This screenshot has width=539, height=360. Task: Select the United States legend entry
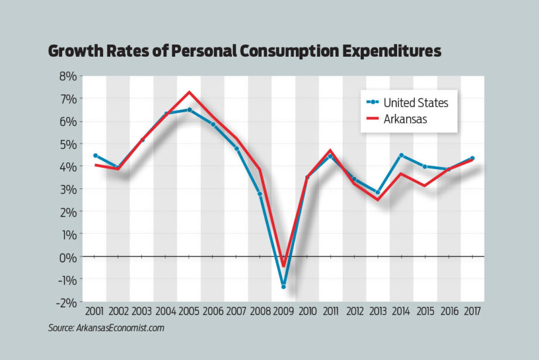coord(415,102)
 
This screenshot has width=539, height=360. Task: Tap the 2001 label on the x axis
coord(94,310)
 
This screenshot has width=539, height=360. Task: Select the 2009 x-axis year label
coord(284,310)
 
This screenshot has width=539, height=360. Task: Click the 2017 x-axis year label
coord(472,310)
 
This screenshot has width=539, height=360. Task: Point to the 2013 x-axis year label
coord(378,310)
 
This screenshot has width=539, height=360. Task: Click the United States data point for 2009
coord(284,287)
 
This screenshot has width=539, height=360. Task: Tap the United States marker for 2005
coord(189,109)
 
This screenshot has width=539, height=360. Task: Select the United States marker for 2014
coord(401,156)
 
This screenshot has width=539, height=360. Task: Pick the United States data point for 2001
coord(95,156)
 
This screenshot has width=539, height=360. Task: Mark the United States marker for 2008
coord(260,194)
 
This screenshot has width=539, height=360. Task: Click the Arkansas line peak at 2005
coord(189,92)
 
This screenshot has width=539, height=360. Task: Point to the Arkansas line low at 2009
coord(284,266)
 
